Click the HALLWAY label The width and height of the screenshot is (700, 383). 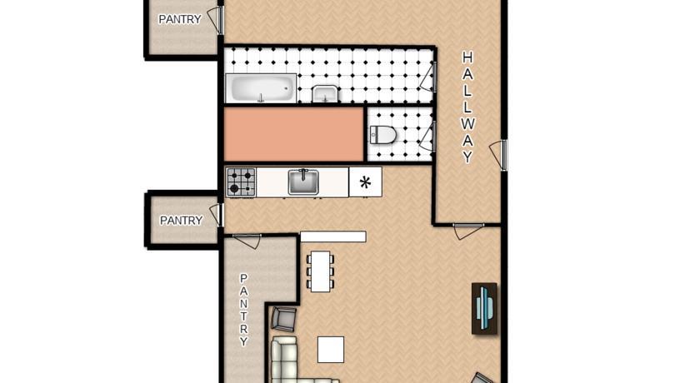click(467, 107)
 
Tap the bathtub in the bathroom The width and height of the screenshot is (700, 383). click(261, 88)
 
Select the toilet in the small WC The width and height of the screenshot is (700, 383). click(382, 135)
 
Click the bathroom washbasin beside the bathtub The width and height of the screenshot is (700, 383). click(325, 94)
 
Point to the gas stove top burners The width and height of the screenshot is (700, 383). click(241, 182)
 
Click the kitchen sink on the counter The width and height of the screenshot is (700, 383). click(303, 182)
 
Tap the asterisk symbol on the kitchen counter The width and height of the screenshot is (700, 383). click(365, 182)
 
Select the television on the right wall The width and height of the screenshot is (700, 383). click(484, 309)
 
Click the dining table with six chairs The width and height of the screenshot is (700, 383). click(320, 271)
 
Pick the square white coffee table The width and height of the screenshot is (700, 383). click(331, 350)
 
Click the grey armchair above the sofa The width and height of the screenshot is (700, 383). click(283, 318)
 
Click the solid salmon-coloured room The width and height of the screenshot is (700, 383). click(293, 135)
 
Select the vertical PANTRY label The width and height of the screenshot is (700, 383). click(243, 310)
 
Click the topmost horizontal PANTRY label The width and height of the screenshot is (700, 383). click(180, 19)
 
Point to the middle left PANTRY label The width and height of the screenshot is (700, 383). click(182, 221)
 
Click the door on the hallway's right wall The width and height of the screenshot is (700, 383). click(499, 155)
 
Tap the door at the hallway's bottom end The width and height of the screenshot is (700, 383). click(468, 231)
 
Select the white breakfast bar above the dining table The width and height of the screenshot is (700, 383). click(333, 236)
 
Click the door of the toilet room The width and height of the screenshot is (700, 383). click(427, 136)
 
